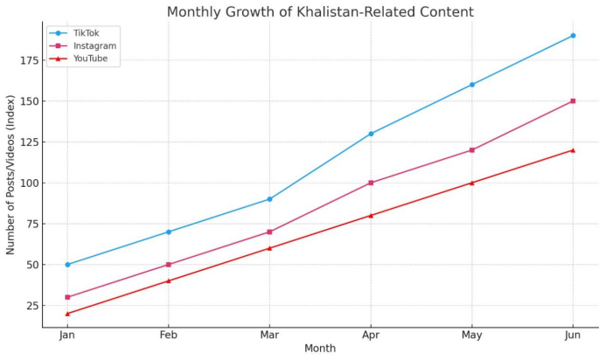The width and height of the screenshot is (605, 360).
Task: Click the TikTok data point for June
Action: tap(573, 36)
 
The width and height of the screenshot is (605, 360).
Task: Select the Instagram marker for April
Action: tap(371, 183)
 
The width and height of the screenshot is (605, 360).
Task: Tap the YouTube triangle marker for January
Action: tap(67, 314)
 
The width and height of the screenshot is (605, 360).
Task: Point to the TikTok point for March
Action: tap(269, 199)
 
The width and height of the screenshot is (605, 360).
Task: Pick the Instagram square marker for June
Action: tap(573, 101)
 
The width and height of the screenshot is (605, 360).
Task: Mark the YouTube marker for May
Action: tap(472, 183)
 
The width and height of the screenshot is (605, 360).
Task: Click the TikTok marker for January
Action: tap(67, 265)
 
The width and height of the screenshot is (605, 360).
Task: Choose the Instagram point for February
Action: tap(169, 265)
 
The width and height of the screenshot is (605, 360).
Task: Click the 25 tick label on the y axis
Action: tap(31, 306)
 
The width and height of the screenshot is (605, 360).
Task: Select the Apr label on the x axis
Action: tap(371, 336)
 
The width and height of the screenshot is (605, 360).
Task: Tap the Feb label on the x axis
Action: tap(169, 336)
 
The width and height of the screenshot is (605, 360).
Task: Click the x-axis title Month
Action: tap(320, 349)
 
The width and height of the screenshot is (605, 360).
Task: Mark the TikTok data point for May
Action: tap(472, 85)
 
